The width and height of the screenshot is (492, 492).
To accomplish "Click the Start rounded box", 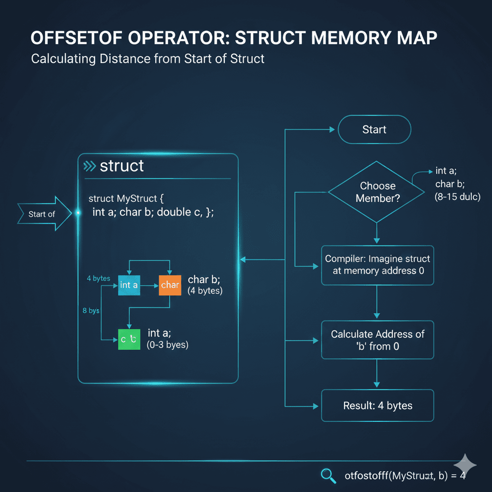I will coord(374,130).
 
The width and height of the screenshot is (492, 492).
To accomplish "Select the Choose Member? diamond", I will coord(377,192).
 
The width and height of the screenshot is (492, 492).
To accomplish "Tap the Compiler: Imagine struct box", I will coord(377,264).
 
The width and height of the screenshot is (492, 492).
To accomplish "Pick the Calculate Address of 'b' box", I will coord(377,340).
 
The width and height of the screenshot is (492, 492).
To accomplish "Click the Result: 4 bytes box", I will coord(377,406).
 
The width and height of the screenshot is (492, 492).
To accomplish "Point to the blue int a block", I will coord(129,285).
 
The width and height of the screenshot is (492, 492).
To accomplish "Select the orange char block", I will coord(170,285).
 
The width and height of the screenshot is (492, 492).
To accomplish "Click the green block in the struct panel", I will coord(129,339).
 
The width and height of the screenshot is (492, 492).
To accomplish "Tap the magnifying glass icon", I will coord(328,476).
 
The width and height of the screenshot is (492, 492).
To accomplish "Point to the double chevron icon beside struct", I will coord(89,166).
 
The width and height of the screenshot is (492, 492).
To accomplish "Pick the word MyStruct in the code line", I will coord(136,198).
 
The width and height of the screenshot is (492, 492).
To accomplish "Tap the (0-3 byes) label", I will coord(167,344).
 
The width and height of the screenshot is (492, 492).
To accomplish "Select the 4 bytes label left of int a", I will coord(98,279).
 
